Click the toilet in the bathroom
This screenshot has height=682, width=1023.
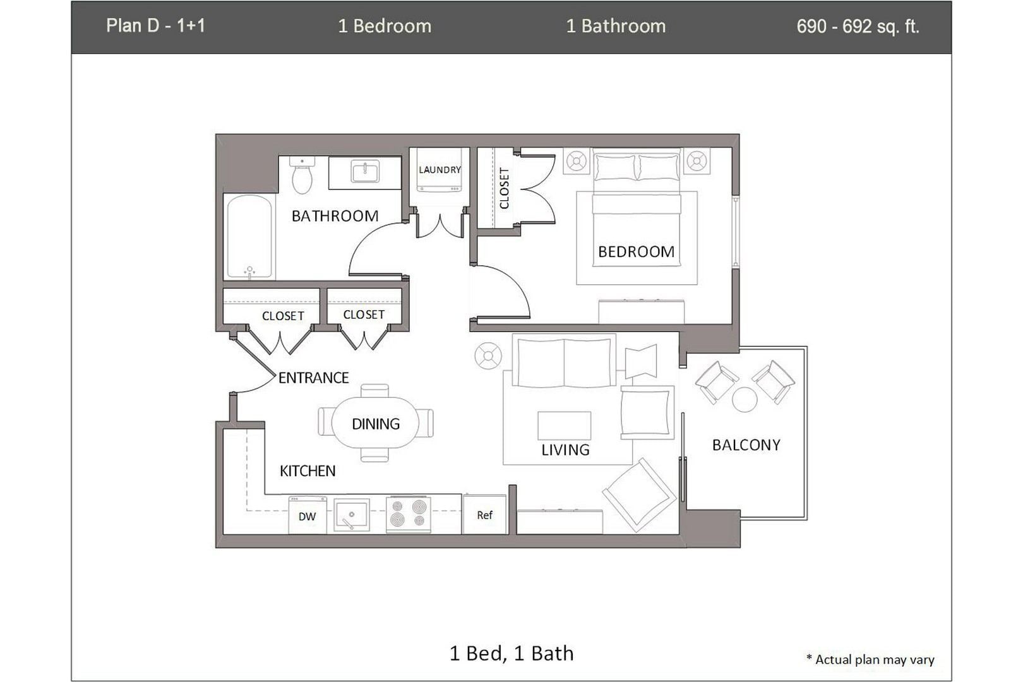(x=302, y=176)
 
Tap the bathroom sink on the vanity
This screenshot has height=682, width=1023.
(x=364, y=172)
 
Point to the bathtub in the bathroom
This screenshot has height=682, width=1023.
(x=249, y=236)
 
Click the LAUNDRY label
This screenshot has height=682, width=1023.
(x=440, y=170)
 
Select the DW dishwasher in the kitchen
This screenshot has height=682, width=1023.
(x=307, y=516)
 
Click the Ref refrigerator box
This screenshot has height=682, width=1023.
(x=484, y=515)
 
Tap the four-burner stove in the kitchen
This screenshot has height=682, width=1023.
(x=408, y=513)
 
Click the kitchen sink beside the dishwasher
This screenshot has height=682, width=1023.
(x=351, y=515)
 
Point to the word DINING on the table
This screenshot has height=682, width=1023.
(x=376, y=424)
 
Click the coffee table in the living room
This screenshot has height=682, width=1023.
(x=564, y=426)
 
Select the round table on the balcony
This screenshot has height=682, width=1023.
(x=745, y=400)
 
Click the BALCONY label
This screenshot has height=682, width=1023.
(x=746, y=445)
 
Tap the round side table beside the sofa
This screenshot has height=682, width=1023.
(x=488, y=356)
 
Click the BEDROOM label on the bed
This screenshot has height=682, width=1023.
(x=636, y=252)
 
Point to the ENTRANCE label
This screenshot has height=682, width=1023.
(x=313, y=378)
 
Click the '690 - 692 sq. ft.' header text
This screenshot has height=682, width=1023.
(x=858, y=27)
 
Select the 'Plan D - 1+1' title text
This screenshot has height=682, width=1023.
(x=155, y=26)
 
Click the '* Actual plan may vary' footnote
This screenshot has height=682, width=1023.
(x=870, y=659)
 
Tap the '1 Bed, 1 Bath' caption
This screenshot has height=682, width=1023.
(x=512, y=653)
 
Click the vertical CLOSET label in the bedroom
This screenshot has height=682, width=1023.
(x=504, y=188)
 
